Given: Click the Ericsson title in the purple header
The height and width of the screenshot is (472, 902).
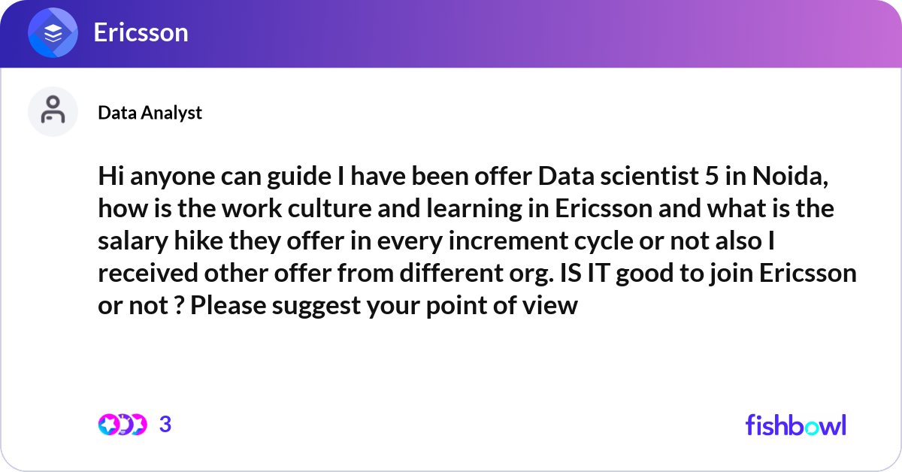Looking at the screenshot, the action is [x=141, y=32].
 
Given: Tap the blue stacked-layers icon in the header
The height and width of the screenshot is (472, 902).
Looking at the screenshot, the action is [x=53, y=32].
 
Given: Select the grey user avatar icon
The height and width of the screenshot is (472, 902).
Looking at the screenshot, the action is [x=53, y=111].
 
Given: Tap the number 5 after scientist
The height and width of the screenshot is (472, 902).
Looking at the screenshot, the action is [x=712, y=177].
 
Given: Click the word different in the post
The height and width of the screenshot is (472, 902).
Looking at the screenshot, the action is [x=451, y=274].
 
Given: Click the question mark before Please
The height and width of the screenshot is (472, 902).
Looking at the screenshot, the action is [x=179, y=306].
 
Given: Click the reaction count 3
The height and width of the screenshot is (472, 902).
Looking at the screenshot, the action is [x=165, y=425].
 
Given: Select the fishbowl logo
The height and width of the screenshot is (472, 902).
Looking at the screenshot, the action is [x=796, y=425].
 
